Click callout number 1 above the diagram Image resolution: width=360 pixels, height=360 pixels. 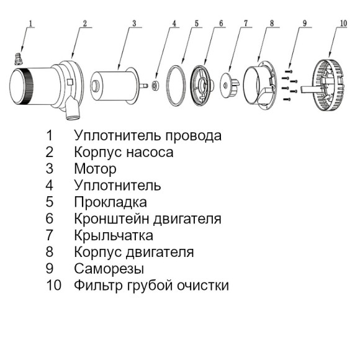point(31,24)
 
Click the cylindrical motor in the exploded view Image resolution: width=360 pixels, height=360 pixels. point(113,83)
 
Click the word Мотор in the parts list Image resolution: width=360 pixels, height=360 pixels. point(95,168)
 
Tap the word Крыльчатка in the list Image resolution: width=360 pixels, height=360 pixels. point(113,236)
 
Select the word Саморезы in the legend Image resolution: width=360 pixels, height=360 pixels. point(109,269)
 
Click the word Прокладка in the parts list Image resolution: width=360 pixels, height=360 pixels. point(110,202)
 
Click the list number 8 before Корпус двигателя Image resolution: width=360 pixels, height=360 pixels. point(50,253)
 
